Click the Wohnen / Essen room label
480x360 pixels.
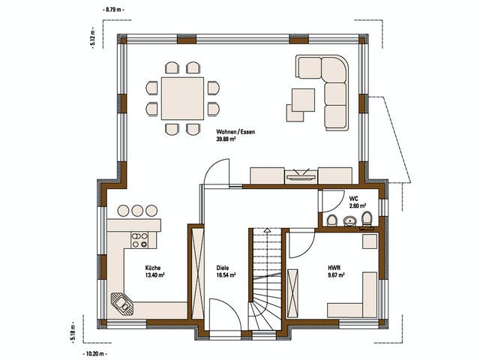click(235, 132)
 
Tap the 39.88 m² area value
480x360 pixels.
click(226, 139)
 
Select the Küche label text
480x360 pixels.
click(153, 268)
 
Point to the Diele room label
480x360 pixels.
click(223, 268)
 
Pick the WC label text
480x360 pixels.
click(353, 199)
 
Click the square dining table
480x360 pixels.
click(182, 98)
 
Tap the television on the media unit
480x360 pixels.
click(301, 175)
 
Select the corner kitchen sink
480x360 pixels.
click(122, 304)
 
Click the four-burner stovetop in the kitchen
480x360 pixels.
click(139, 240)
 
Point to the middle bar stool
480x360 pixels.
click(137, 211)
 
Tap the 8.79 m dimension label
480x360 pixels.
click(113, 10)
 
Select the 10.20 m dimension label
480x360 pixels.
click(94, 354)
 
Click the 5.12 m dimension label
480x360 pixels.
click(92, 38)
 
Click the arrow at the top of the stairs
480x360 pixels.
click(268, 230)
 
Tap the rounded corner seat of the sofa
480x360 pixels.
click(335, 69)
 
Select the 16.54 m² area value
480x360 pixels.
click(226, 275)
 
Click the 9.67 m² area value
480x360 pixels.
click(336, 275)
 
